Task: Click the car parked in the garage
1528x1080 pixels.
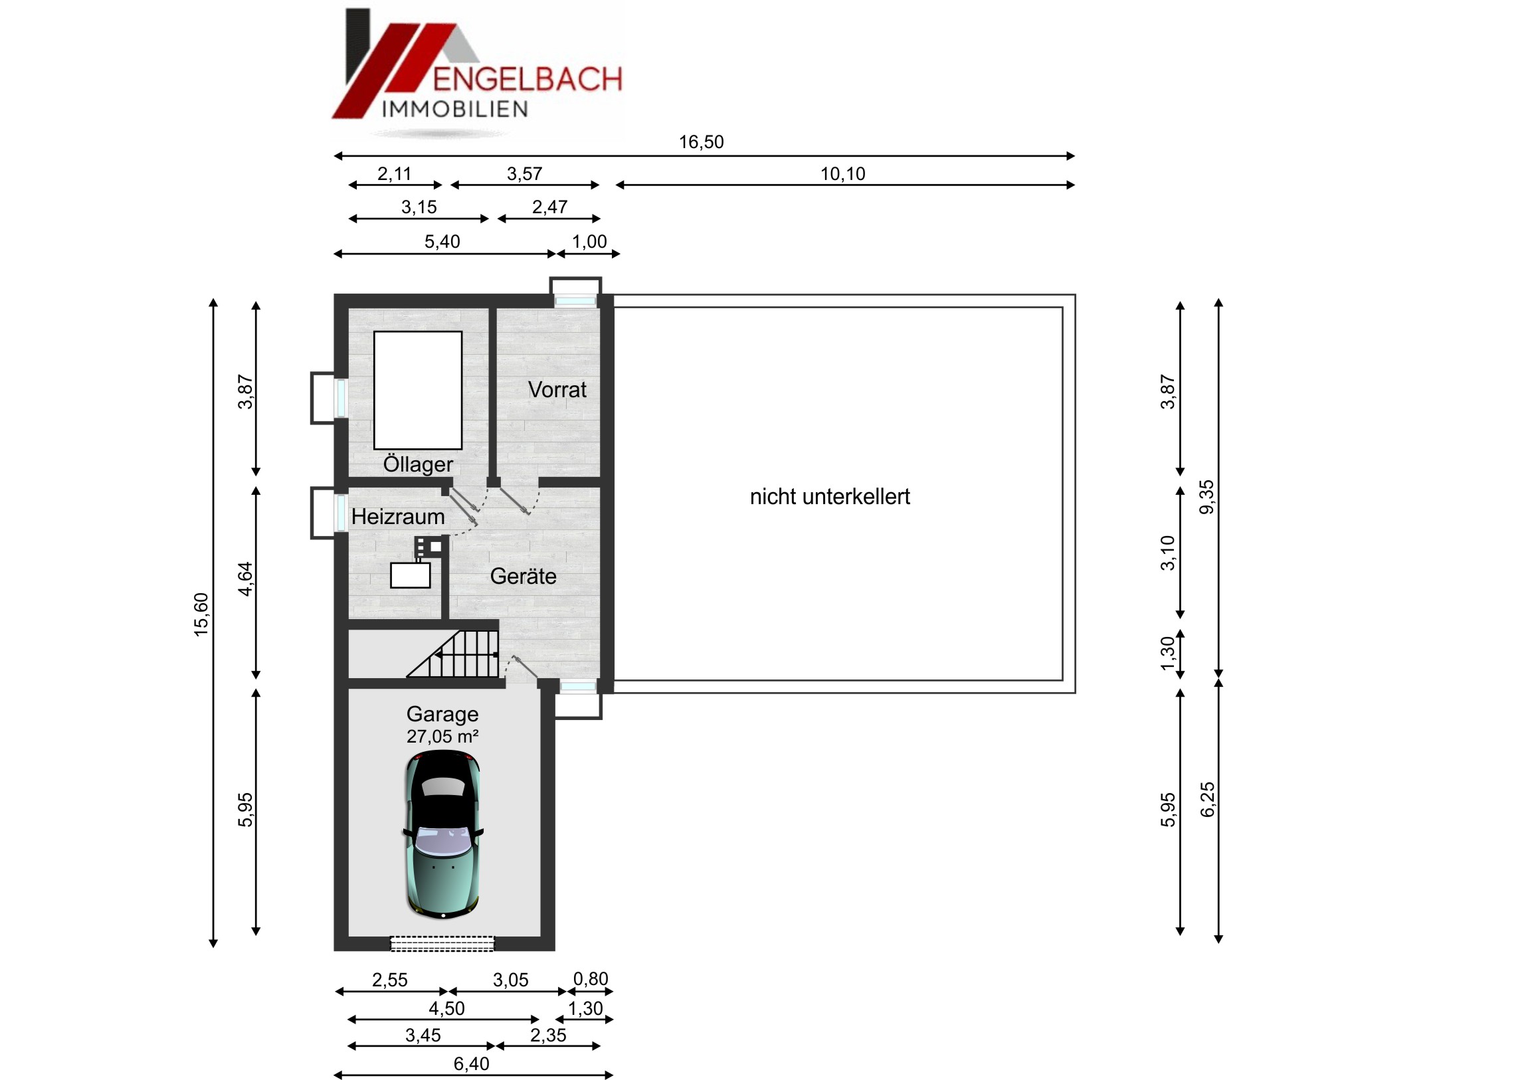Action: click(442, 834)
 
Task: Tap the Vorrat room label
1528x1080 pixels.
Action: click(557, 389)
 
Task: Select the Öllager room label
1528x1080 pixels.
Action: click(418, 463)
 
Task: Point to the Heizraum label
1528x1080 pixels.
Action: click(398, 516)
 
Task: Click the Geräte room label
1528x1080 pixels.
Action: click(523, 576)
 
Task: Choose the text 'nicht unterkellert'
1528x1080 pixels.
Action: click(830, 496)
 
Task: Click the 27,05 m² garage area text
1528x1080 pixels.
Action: click(442, 737)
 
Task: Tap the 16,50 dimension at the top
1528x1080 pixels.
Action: click(702, 141)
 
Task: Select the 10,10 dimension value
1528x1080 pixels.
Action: click(842, 173)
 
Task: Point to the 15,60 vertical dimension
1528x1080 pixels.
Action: click(201, 614)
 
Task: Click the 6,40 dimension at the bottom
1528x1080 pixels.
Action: click(471, 1064)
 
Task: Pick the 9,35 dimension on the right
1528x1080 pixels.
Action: click(1206, 497)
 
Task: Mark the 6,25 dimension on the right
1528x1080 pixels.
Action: click(1206, 800)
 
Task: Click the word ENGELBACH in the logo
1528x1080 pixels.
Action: click(527, 78)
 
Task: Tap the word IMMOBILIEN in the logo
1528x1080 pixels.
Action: click(455, 109)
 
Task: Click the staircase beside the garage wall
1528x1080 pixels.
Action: click(452, 654)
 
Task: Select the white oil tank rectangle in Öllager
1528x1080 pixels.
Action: click(418, 390)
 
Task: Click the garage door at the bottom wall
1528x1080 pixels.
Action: click(442, 944)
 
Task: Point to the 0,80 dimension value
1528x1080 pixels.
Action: click(591, 979)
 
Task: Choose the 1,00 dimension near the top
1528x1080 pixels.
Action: click(590, 242)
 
